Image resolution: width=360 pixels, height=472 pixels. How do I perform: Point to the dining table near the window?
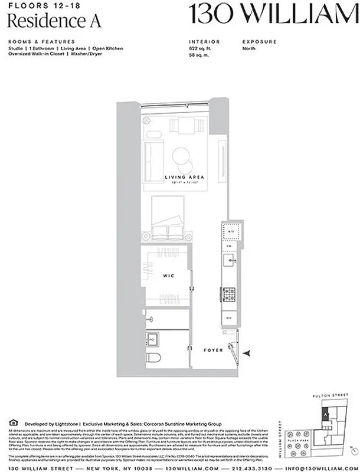188,126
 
